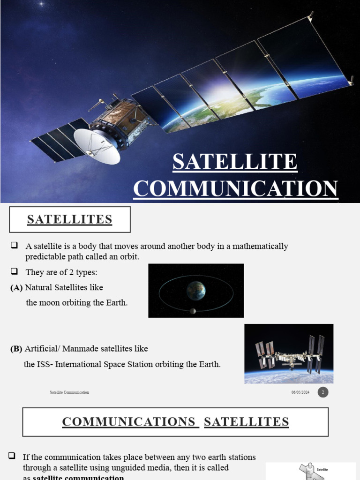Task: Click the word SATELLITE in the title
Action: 235,162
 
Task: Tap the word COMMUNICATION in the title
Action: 236,188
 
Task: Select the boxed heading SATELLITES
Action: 69,219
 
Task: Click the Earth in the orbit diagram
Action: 196,291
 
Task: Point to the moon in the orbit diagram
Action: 193,311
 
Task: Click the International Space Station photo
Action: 289,353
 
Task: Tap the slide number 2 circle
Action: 323,392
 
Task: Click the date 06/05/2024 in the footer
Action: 300,392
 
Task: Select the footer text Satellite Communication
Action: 69,392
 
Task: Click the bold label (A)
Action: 16,288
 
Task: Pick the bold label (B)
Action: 16,349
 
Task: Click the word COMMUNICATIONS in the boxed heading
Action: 128,422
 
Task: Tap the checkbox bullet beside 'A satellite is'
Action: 15,246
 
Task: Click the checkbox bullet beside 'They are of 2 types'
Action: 15,271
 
